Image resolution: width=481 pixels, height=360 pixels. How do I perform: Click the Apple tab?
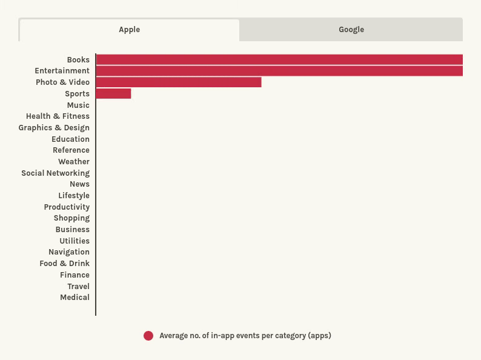(130, 30)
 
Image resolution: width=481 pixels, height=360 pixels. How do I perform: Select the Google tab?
(351, 30)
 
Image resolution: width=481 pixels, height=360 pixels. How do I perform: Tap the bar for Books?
(279, 59)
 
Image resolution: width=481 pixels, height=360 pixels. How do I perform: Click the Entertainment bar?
(279, 71)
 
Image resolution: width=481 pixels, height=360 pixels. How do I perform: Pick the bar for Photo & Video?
(179, 82)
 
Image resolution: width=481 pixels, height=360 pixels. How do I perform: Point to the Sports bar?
(113, 93)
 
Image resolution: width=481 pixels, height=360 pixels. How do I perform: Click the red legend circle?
(148, 336)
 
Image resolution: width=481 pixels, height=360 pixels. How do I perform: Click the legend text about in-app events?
(245, 336)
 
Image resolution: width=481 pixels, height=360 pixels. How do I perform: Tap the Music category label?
(78, 105)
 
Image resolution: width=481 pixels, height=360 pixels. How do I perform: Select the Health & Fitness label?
(58, 116)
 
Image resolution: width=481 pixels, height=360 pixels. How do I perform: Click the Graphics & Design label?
(54, 128)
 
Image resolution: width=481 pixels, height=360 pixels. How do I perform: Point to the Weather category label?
(74, 162)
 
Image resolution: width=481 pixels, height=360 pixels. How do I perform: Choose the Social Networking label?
(56, 173)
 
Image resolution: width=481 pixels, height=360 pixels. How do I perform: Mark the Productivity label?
(67, 207)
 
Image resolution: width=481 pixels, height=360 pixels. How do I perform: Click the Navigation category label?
(69, 252)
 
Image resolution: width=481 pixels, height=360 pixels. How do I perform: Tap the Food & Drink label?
(64, 264)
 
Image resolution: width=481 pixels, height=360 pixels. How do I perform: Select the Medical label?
(75, 298)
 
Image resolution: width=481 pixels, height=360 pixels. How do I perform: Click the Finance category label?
(75, 275)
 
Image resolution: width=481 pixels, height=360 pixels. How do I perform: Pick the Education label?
(70, 139)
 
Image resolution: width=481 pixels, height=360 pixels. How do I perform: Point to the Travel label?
(79, 286)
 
